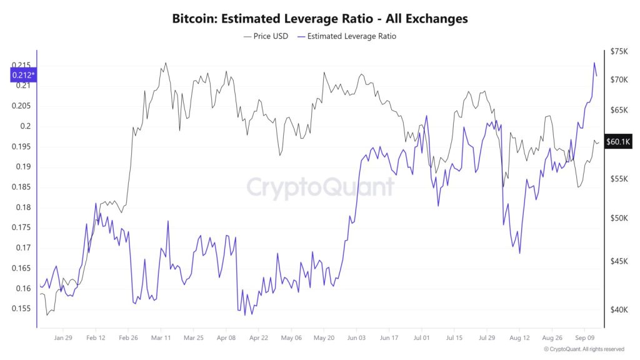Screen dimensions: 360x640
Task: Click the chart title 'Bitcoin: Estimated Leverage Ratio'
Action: tap(319, 19)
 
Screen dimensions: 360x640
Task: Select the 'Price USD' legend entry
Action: tap(266, 36)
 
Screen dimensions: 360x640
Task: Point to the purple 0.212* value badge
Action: tap(23, 76)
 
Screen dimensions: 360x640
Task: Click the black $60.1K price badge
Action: tap(619, 142)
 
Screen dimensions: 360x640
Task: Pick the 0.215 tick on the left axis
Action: tap(21, 66)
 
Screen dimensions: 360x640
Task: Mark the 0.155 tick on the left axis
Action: tap(21, 309)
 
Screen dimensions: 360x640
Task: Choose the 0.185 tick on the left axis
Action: tap(21, 187)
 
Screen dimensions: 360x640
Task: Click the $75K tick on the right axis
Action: tap(619, 52)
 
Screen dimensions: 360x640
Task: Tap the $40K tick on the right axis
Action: tap(619, 309)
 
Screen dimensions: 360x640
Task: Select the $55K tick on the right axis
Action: tap(619, 179)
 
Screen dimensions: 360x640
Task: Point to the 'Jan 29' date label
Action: tap(63, 337)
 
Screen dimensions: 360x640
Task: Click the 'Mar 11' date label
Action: tap(161, 337)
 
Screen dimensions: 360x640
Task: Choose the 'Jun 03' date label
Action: tap(356, 337)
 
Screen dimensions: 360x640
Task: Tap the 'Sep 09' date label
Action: tap(584, 337)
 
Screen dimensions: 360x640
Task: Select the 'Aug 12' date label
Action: tap(519, 337)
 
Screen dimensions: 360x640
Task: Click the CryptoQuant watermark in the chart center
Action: tap(320, 187)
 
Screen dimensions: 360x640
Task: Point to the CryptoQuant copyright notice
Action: tap(584, 349)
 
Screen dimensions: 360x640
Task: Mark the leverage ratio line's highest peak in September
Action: tap(594, 62)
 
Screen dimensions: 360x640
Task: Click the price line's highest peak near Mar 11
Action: tap(165, 62)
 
